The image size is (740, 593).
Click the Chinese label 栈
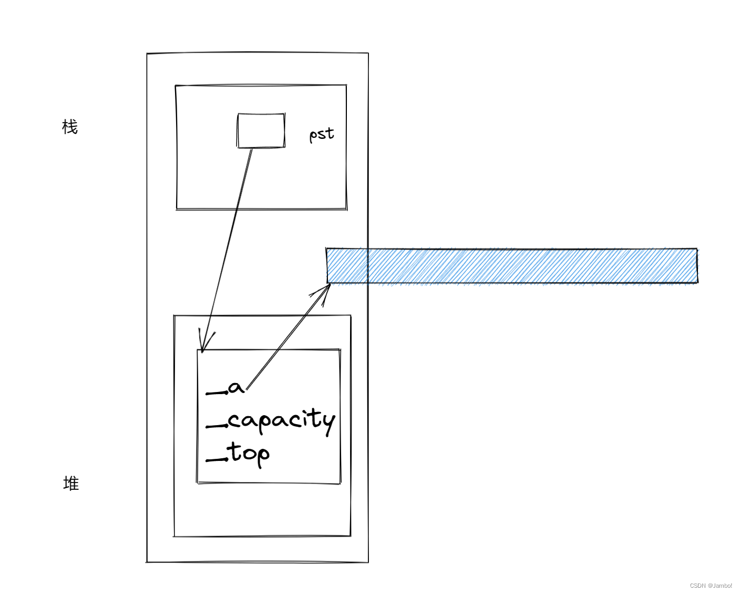(70, 127)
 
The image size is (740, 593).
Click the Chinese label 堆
(71, 483)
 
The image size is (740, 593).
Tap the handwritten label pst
(321, 134)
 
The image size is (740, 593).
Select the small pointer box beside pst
(261, 130)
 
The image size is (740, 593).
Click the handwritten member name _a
(226, 389)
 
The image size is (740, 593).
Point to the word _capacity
(271, 421)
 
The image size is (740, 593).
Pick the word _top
(239, 454)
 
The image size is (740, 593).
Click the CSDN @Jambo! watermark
(711, 586)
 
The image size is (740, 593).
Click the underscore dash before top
(216, 460)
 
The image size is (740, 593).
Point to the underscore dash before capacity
(216, 426)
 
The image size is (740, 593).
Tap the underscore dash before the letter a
(216, 393)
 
